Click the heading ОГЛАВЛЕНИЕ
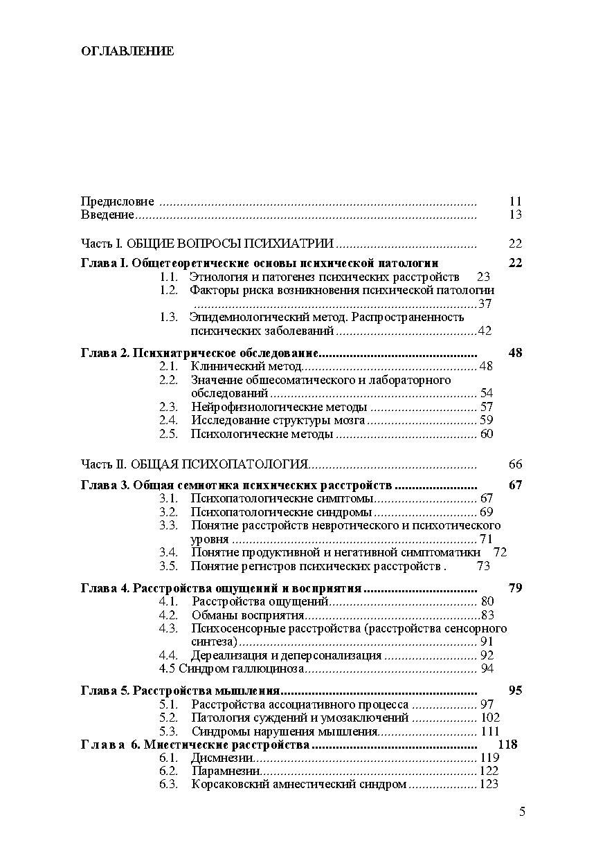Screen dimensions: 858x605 click(x=127, y=51)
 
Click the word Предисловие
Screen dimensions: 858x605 click(x=117, y=201)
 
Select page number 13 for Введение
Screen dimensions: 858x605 click(x=514, y=214)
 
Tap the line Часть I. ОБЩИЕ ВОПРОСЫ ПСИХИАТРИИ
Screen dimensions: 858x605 click(x=208, y=243)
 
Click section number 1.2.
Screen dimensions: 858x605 click(x=168, y=290)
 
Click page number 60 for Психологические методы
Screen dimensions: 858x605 click(x=486, y=434)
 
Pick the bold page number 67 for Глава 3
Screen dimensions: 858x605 click(x=514, y=484)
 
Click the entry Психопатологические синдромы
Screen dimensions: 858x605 click(x=281, y=512)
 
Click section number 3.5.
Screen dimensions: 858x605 click(x=168, y=566)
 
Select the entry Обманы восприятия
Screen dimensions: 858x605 click(x=248, y=614)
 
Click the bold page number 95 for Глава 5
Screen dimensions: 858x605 click(x=514, y=690)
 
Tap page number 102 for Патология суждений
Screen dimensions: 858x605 click(x=489, y=718)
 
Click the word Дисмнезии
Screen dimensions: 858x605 click(x=215, y=758)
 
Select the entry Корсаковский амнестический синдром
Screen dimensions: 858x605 click(x=298, y=784)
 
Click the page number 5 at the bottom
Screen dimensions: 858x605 click(x=522, y=812)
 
